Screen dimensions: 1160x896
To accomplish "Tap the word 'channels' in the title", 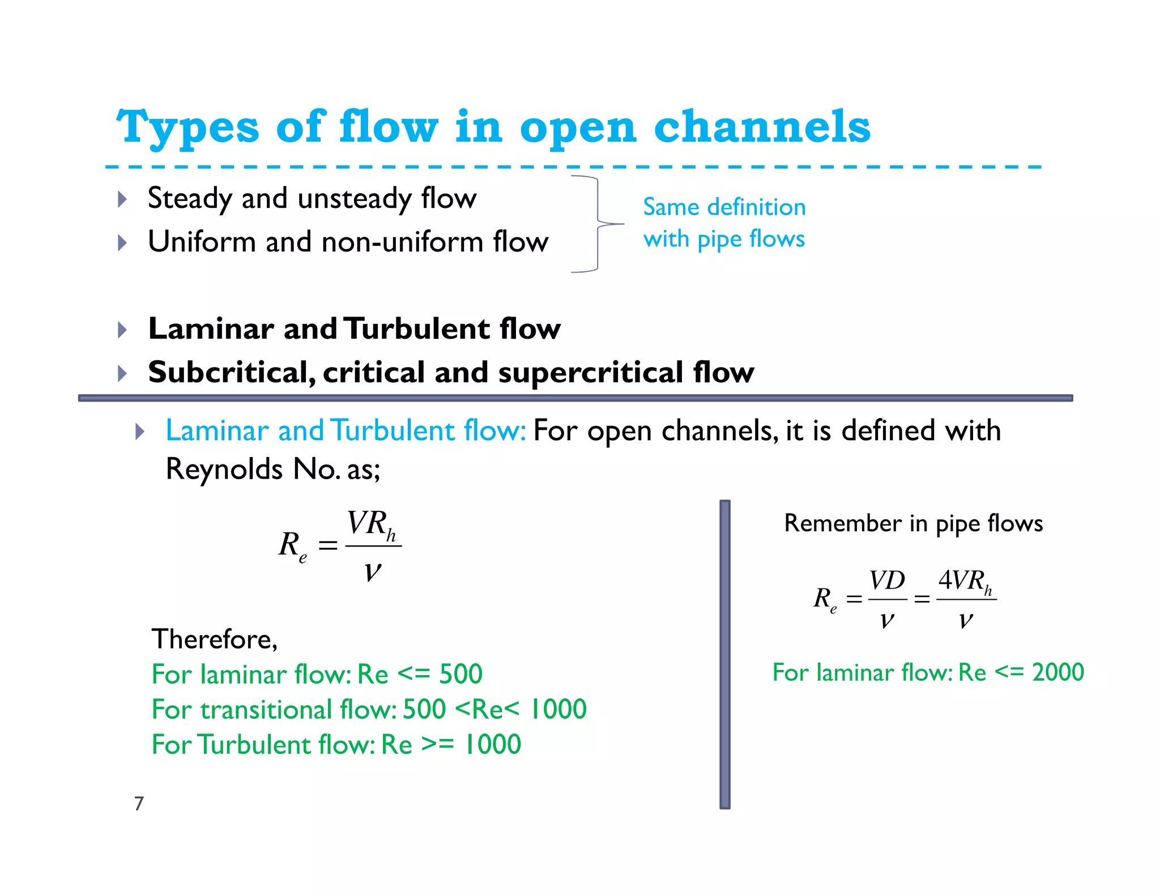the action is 762,127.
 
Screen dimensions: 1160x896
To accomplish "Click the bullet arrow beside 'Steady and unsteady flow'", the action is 122,199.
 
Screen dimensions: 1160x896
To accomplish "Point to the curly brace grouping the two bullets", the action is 598,224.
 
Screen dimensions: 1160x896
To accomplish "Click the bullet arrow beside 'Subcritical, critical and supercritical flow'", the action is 122,373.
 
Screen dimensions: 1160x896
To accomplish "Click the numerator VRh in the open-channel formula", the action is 372,524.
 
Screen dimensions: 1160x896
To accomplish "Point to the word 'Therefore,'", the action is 215,639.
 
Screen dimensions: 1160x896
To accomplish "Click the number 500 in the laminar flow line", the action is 460,675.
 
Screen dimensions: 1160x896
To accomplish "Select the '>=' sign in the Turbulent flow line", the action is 438,745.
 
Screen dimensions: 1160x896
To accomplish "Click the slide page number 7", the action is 139,804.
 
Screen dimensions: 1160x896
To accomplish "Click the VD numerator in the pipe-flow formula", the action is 887,581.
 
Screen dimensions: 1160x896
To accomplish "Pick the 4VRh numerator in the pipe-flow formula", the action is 965,581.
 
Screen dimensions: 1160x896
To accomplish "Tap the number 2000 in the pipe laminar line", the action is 1057,673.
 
